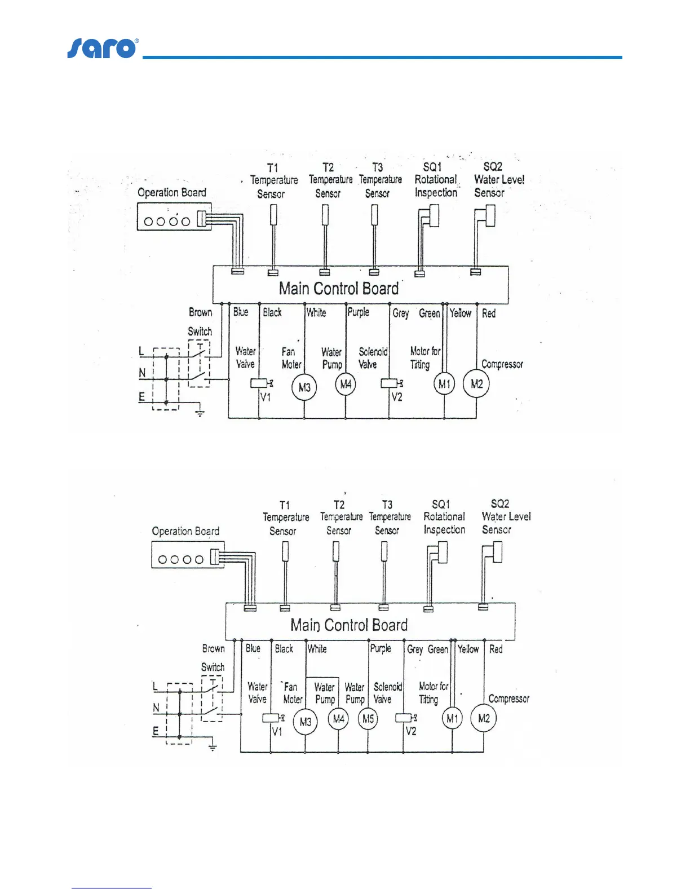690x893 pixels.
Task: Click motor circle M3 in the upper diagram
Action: click(304, 387)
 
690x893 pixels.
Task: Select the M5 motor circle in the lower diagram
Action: click(368, 719)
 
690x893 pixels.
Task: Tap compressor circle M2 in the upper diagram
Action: click(476, 384)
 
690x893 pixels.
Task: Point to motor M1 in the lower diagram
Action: click(452, 718)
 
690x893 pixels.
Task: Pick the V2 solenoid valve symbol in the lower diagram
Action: click(404, 718)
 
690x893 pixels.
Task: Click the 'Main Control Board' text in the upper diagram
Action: click(339, 289)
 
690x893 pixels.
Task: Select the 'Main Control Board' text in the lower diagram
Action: click(349, 625)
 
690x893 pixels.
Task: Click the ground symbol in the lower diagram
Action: click(213, 748)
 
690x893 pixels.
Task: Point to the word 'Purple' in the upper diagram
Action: click(359, 312)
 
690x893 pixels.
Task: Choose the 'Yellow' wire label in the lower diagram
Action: click(468, 649)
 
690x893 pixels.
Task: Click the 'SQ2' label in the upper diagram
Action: click(493, 167)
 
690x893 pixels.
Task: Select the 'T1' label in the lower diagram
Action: click(285, 505)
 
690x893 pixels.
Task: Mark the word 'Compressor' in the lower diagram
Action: click(509, 699)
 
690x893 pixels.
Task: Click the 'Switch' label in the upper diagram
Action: click(200, 331)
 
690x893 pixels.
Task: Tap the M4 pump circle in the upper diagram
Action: click(346, 384)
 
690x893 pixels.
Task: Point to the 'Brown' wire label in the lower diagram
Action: click(214, 649)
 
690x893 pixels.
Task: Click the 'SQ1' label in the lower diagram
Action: click(441, 504)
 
